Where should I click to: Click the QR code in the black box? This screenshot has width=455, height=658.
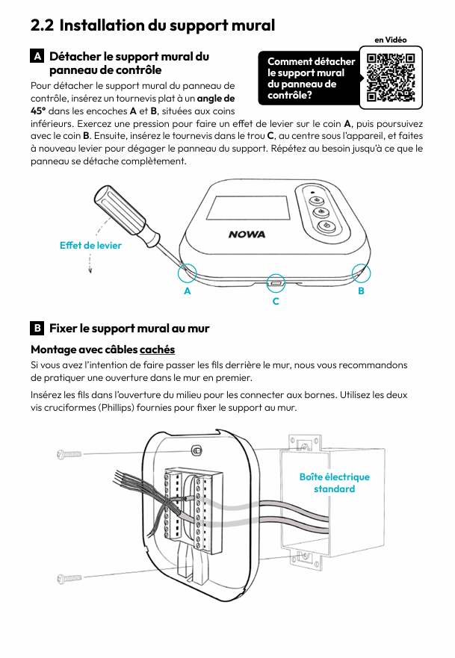click(x=391, y=77)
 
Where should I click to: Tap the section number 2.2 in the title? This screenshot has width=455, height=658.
click(x=42, y=25)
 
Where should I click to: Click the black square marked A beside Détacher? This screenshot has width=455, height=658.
click(x=37, y=57)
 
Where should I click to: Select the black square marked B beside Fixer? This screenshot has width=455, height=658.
click(x=37, y=329)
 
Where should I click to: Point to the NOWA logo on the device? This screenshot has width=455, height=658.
click(x=247, y=235)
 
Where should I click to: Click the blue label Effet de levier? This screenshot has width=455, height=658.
click(x=90, y=245)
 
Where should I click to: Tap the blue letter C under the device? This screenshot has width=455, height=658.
click(x=276, y=301)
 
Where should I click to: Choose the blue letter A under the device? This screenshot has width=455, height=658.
click(x=188, y=291)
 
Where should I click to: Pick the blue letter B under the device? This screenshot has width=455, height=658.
click(x=362, y=291)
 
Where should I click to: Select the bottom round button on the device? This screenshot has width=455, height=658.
click(x=326, y=228)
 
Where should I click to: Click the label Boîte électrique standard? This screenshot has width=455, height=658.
click(x=334, y=482)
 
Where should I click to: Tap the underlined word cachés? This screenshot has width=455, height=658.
click(x=157, y=350)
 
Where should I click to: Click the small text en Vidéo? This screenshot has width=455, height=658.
click(x=390, y=40)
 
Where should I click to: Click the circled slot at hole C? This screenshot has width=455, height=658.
click(x=276, y=282)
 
